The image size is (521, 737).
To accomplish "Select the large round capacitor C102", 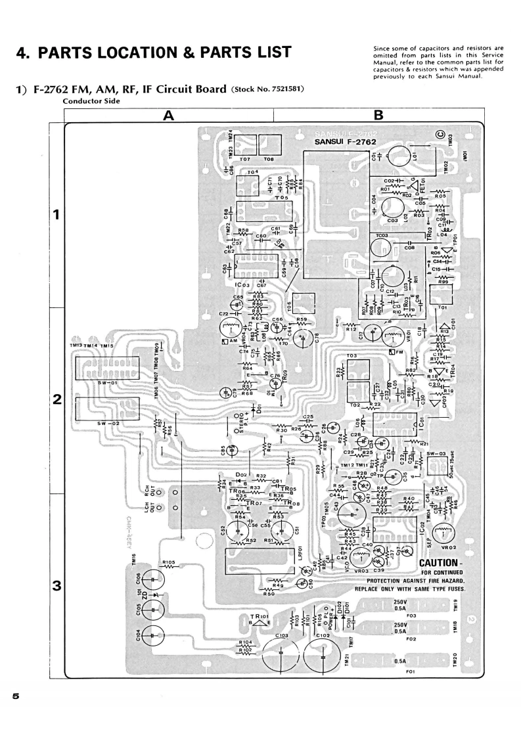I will pos(323,654).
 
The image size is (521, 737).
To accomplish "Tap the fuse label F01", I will pos(411,671).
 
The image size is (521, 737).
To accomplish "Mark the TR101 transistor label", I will pos(260,617).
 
